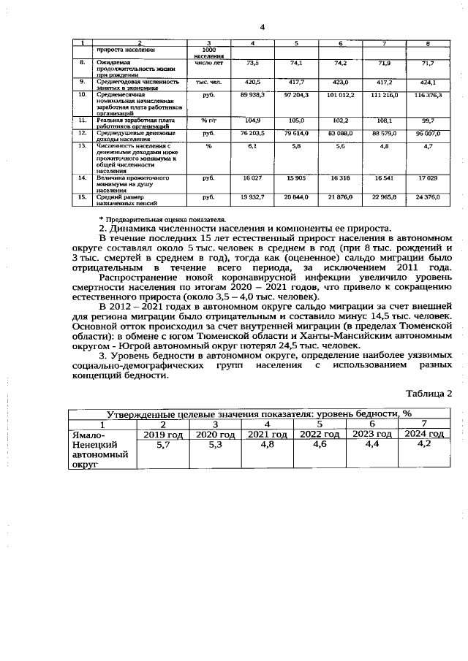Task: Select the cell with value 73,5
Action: [x=253, y=64]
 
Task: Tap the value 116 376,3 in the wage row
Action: [x=429, y=96]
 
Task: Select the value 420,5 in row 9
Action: [x=253, y=82]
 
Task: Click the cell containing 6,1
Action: [x=253, y=147]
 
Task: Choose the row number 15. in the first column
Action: [x=83, y=197]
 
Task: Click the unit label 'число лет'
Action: [x=208, y=64]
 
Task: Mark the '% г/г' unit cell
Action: [x=208, y=120]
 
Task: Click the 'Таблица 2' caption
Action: [x=429, y=393]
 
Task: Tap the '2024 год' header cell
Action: [x=424, y=435]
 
